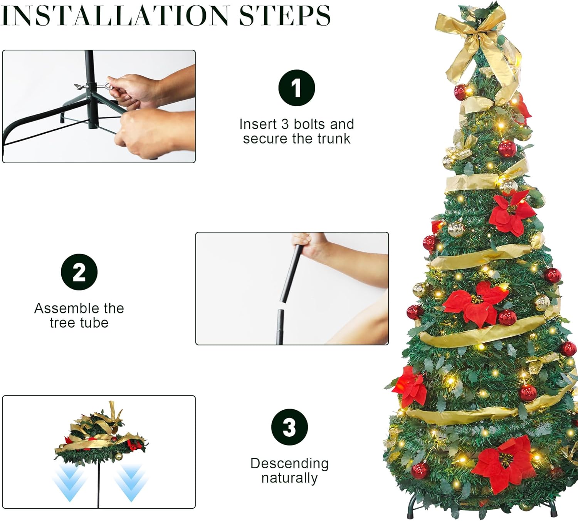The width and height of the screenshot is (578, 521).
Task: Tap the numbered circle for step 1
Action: point(296,88)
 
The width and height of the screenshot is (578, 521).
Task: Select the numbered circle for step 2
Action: point(79,272)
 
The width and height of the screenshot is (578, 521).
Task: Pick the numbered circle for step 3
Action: point(289,427)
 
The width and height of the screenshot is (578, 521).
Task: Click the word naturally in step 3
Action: point(289,478)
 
